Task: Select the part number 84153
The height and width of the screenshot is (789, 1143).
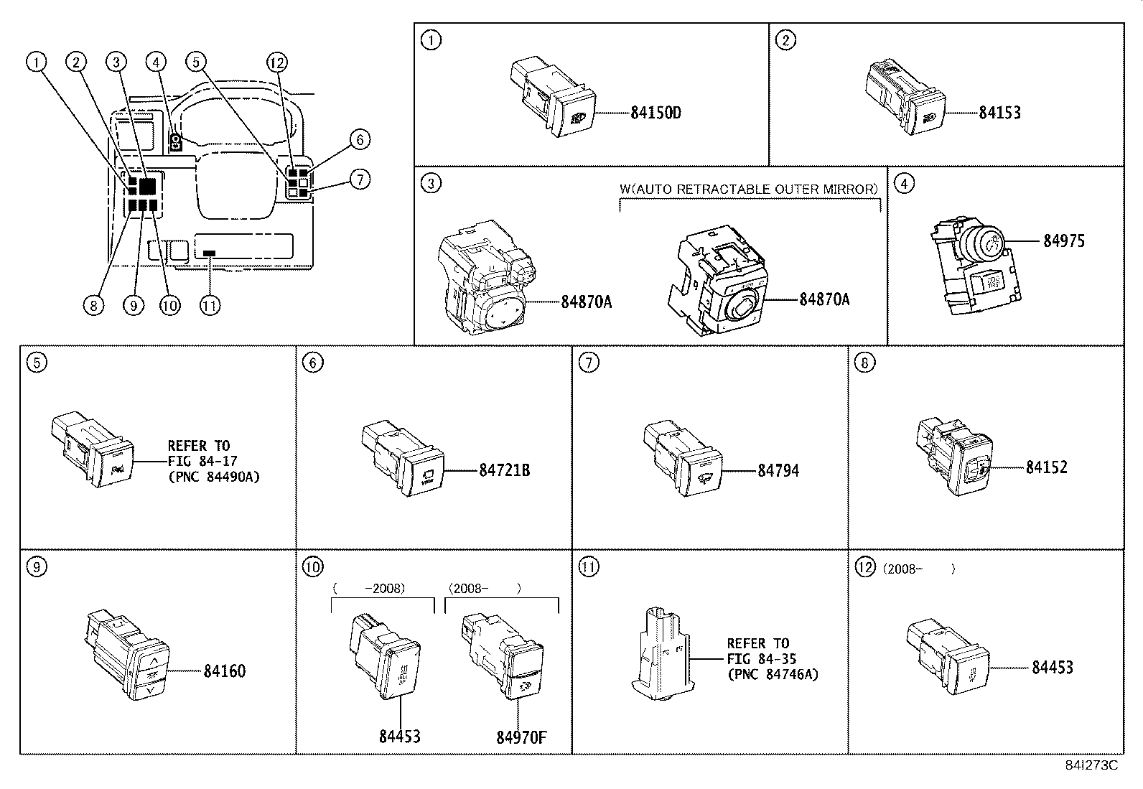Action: [999, 112]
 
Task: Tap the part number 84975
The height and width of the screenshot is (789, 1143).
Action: [1064, 241]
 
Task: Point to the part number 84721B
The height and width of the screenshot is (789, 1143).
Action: [505, 470]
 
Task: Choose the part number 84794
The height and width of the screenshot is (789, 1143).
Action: [778, 470]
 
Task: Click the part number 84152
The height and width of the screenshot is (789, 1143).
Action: [1046, 467]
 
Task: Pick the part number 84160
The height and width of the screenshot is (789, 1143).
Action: [225, 671]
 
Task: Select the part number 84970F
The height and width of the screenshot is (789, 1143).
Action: [522, 737]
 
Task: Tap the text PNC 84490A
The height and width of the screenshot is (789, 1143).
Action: [213, 477]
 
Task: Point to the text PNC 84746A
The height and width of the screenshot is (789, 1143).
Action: [773, 674]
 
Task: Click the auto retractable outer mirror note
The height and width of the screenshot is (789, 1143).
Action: [749, 189]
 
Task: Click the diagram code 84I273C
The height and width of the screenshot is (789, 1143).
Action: [1091, 765]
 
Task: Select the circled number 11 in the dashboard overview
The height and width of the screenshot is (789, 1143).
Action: [209, 305]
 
